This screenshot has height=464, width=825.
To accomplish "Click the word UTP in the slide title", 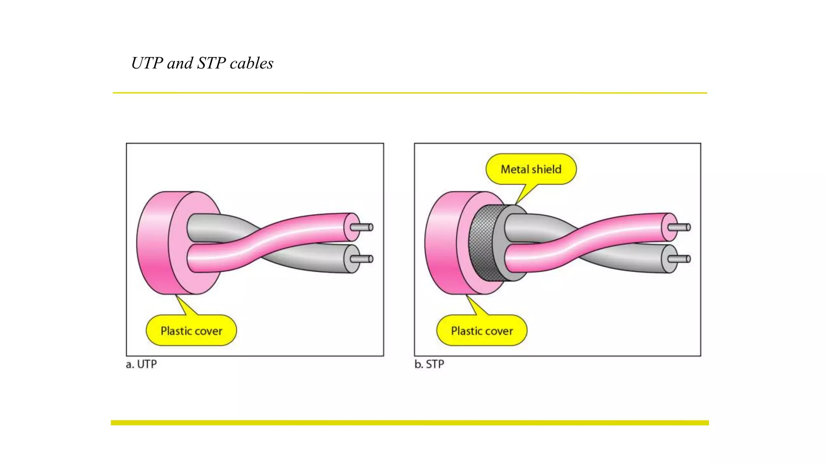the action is (x=147, y=63).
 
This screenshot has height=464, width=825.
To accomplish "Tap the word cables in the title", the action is (x=251, y=63).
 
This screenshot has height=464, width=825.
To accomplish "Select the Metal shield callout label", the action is (x=531, y=169).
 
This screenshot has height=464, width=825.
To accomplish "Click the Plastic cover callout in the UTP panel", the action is (x=191, y=331).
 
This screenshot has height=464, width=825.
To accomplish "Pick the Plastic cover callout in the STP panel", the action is (x=482, y=331).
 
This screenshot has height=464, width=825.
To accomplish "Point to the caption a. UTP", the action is (x=141, y=364).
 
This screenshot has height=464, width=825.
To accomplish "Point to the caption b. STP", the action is (x=429, y=364).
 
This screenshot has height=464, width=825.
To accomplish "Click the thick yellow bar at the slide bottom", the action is (x=410, y=423).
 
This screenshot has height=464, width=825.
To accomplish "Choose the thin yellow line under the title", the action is (x=410, y=93).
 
